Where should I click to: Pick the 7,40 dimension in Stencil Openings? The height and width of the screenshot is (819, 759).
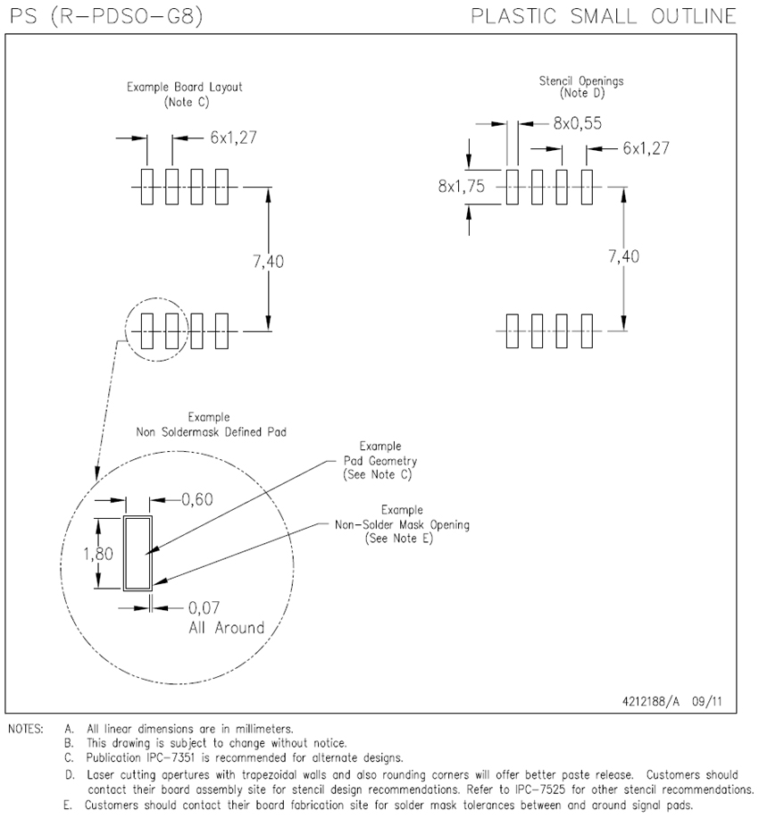tap(623, 256)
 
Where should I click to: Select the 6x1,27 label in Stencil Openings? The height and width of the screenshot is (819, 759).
tap(646, 148)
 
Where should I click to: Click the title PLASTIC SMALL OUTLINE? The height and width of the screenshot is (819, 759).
tap(604, 16)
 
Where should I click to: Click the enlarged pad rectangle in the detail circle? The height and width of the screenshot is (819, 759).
tap(138, 553)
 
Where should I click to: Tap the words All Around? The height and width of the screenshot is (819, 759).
tap(226, 628)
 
